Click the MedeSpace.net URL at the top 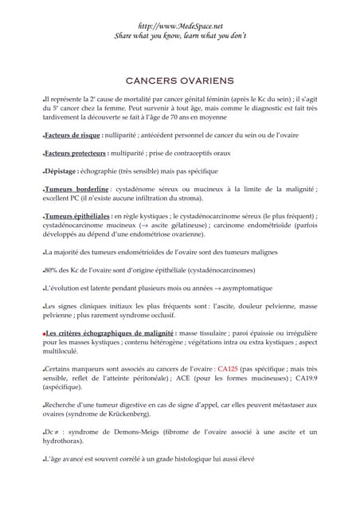179,25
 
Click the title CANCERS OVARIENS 179,80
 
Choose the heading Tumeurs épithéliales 78,216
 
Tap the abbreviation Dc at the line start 50,431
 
